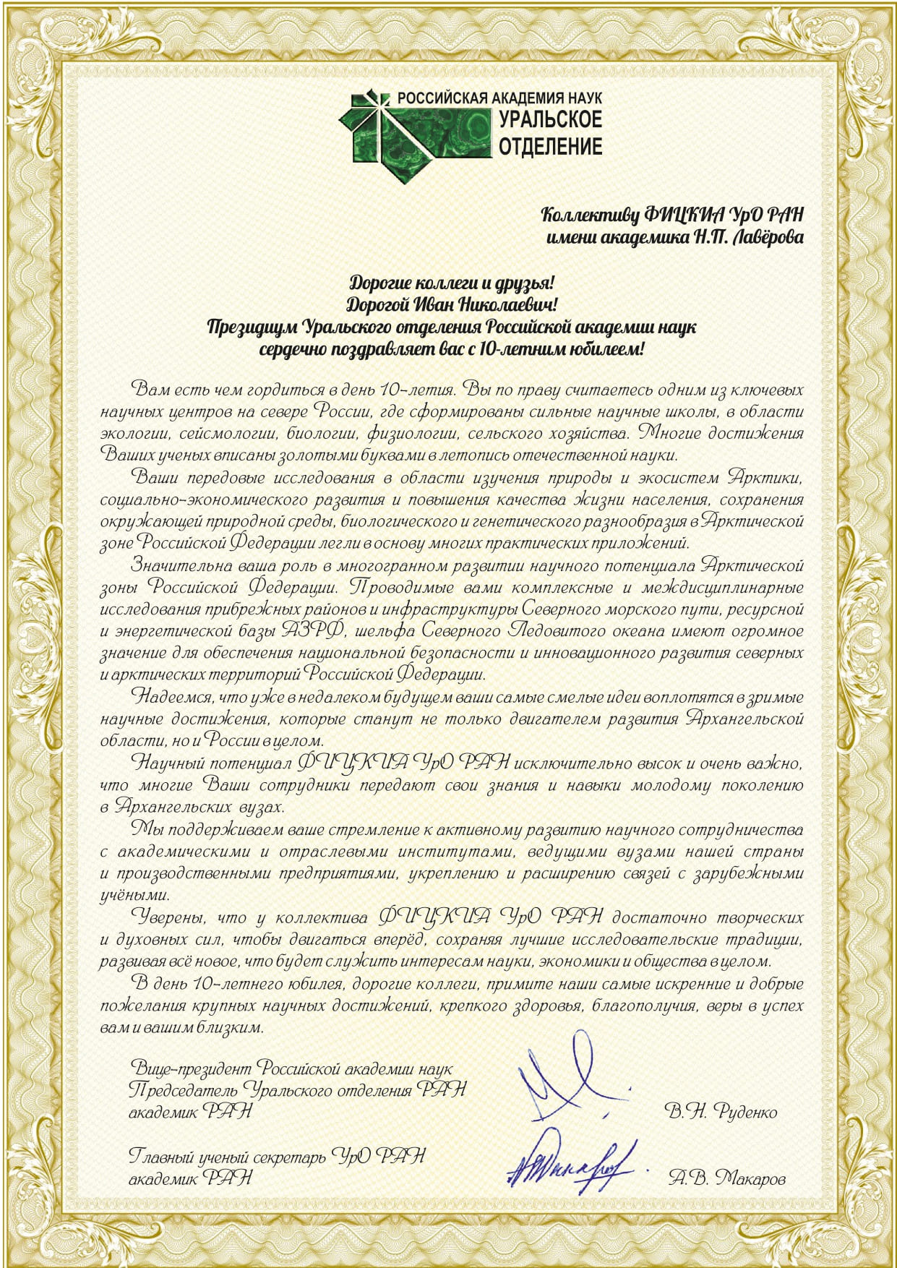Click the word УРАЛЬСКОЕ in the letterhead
[x=550, y=120]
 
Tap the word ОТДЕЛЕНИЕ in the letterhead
[x=550, y=146]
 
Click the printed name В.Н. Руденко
[x=721, y=1111]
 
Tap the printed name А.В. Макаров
[x=726, y=1179]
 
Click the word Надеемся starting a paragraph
[x=171, y=698]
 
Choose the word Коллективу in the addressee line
[x=588, y=215]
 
